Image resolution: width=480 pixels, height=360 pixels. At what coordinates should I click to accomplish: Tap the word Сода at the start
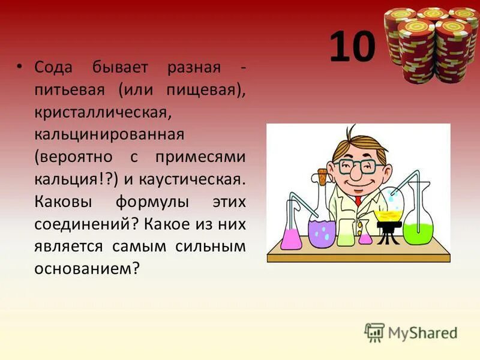(x=53, y=67)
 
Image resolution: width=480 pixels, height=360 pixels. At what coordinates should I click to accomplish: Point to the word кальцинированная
(x=109, y=133)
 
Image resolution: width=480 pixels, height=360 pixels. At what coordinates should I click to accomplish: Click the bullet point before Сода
(x=20, y=67)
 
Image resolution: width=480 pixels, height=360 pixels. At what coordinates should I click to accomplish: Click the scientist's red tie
(x=358, y=200)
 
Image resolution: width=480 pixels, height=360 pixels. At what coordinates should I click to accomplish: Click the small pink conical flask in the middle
(x=365, y=238)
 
